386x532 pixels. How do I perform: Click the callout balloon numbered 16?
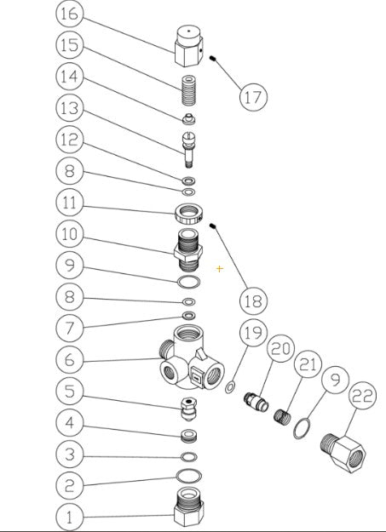72,14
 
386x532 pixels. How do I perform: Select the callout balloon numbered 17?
252,96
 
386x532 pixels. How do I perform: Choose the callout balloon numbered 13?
72,108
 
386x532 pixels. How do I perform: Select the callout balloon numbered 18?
253,300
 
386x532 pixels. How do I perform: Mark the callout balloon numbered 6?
72,359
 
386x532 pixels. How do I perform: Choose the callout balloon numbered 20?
280,349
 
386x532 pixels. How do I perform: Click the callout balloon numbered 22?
363,395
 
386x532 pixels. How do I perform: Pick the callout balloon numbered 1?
72,517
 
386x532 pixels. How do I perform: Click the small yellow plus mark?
220,269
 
